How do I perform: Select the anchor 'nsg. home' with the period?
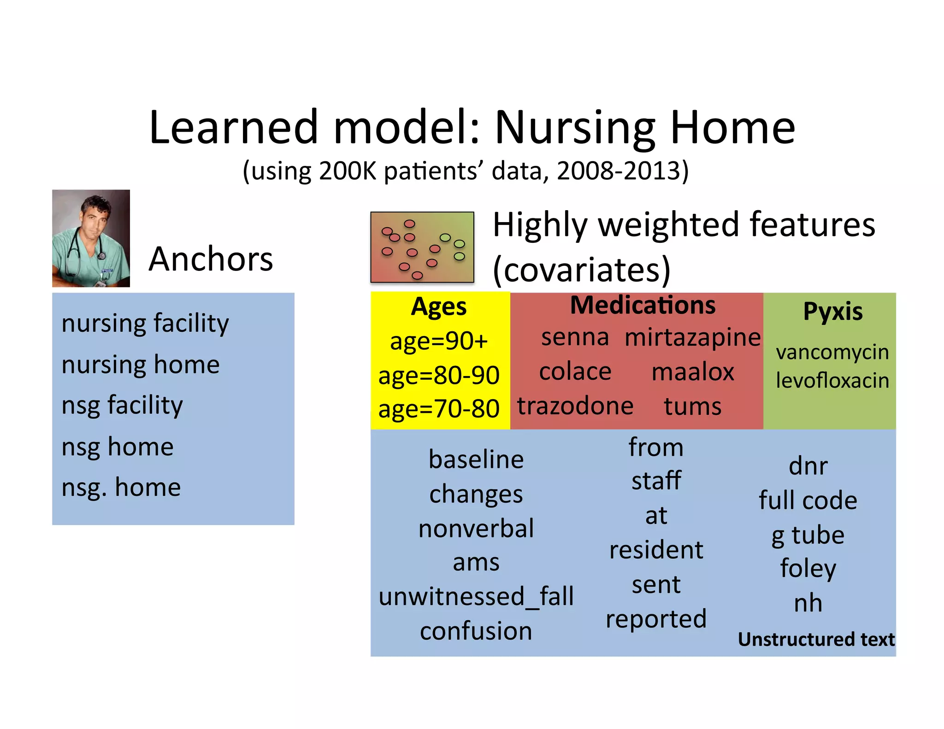(121, 488)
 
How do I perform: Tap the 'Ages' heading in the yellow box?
(438, 307)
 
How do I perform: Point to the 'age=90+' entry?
(438, 341)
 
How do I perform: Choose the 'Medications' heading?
(643, 306)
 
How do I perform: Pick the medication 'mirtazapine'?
(692, 337)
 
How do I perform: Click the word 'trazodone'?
(575, 406)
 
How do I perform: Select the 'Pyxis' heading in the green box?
(832, 312)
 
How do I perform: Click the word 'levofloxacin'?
(832, 381)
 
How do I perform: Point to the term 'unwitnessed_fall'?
(476, 597)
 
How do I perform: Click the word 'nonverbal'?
(476, 529)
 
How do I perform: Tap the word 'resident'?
(656, 550)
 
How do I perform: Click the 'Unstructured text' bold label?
(816, 640)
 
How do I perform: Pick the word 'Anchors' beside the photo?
(211, 259)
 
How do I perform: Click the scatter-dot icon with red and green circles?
(422, 247)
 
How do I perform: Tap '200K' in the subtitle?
(348, 171)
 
